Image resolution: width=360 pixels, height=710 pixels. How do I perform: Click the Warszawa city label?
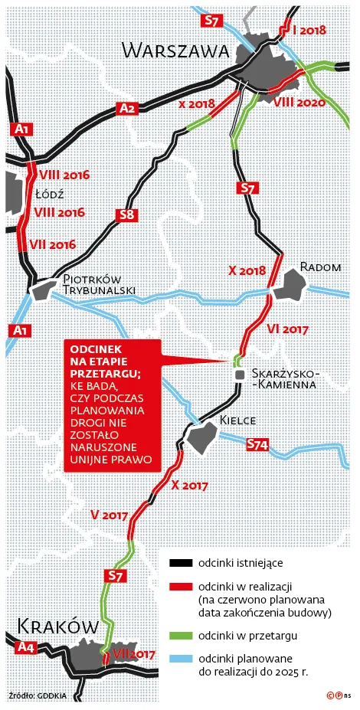pyautogui.click(x=177, y=51)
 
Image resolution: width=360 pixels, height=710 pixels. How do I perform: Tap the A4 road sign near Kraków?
pyautogui.click(x=25, y=648)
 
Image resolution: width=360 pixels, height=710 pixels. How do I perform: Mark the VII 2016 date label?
pyautogui.click(x=51, y=244)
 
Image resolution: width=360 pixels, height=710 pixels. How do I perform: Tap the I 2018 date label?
pyautogui.click(x=309, y=31)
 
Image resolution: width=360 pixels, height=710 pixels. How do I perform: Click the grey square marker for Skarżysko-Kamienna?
pyautogui.click(x=240, y=374)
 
